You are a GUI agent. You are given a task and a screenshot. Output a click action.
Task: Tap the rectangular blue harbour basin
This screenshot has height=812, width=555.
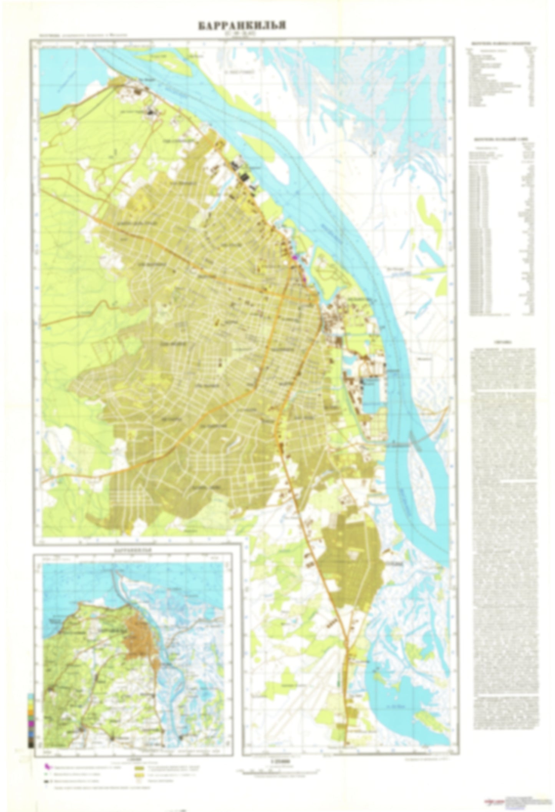tap(371, 394)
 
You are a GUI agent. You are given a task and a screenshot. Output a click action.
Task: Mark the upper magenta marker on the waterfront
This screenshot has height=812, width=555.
tap(295, 258)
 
